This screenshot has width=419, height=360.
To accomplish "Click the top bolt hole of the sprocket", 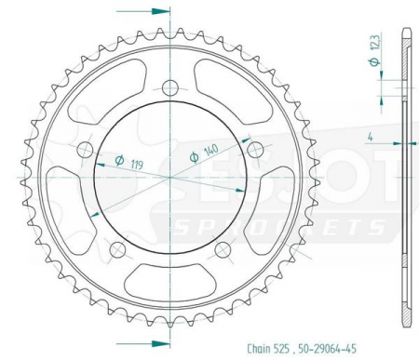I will click(x=170, y=89).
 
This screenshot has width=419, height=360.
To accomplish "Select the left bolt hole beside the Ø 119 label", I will click(x=85, y=150).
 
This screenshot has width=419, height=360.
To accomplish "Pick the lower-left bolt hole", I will click(x=117, y=250).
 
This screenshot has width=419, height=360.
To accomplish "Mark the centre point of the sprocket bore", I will click(x=170, y=174).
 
